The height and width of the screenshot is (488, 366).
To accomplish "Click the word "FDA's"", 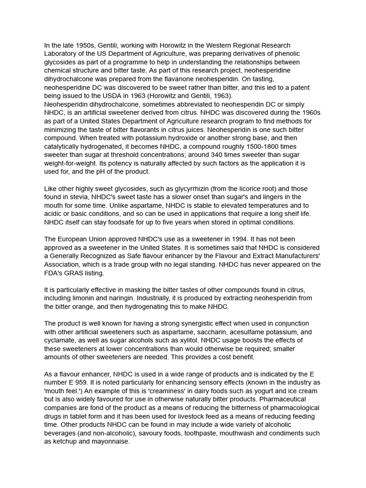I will (55, 274).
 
